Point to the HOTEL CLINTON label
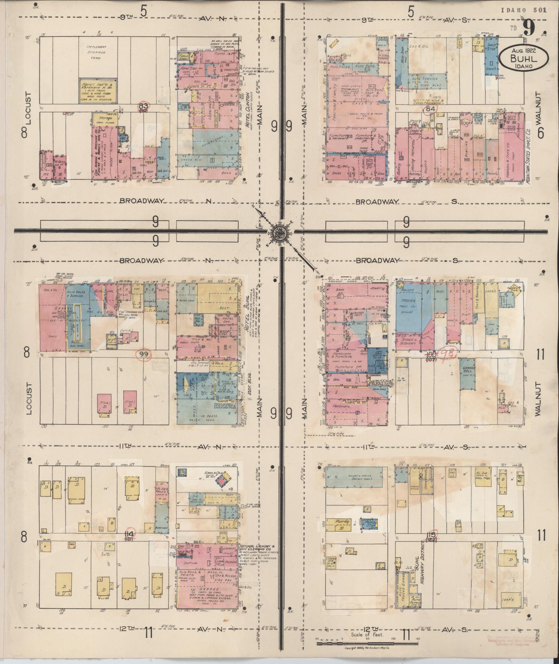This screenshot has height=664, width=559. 248,111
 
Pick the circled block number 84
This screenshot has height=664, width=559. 430,109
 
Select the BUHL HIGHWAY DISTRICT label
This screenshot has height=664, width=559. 423,562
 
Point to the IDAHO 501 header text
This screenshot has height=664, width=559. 524,10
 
